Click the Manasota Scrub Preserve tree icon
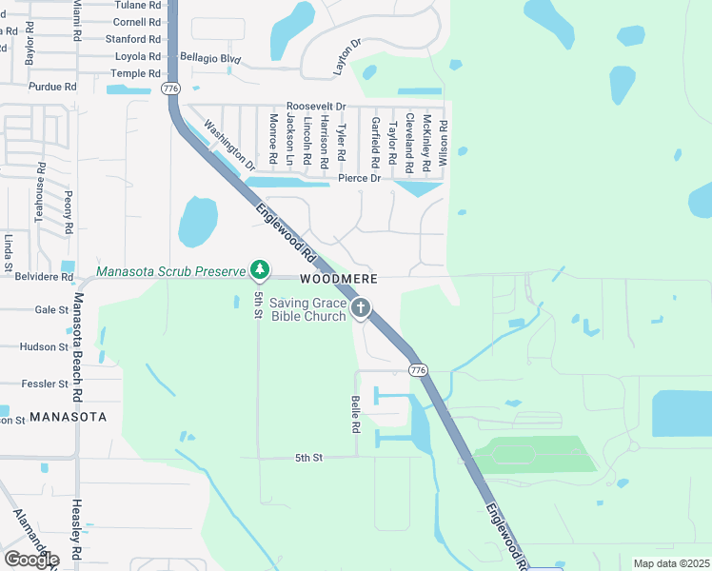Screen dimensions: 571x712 pos(259,271)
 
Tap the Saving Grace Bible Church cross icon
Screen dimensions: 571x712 pos(360,307)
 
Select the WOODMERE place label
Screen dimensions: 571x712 pos(339,279)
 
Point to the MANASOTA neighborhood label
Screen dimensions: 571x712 pos(68,417)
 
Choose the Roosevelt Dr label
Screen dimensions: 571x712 pos(315,107)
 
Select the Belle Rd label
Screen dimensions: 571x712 pos(356,415)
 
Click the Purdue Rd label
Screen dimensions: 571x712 pos(52,87)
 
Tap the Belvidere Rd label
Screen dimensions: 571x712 pos(45,277)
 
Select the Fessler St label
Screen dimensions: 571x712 pos(46,384)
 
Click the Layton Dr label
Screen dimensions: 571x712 pos(348,57)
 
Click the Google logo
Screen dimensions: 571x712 pos(30,560)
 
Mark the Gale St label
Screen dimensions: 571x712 pos(46,309)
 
